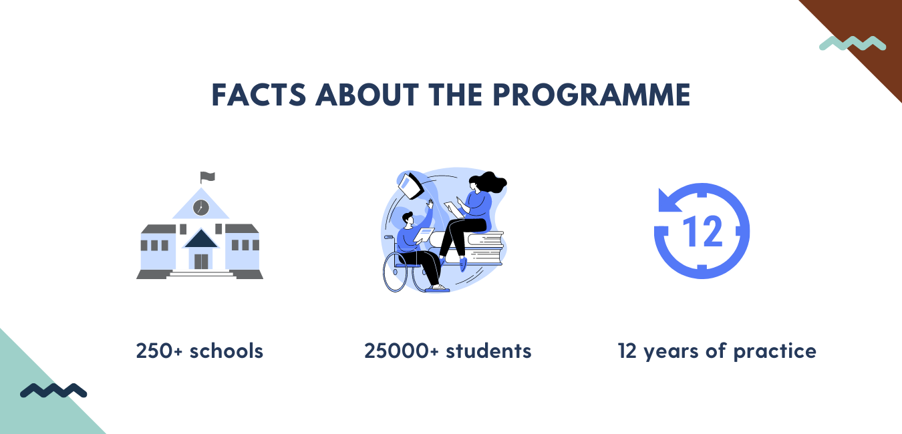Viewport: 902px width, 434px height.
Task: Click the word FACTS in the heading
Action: coord(259,95)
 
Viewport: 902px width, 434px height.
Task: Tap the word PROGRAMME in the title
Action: coord(591,95)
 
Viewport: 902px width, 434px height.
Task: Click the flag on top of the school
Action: coord(207,177)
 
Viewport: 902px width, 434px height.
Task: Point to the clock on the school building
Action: coord(201,208)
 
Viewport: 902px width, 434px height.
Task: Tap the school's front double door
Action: coord(201,262)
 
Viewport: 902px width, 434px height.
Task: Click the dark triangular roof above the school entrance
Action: coord(201,238)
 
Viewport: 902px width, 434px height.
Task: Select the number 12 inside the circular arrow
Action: coord(703,231)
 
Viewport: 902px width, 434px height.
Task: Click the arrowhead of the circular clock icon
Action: coord(668,200)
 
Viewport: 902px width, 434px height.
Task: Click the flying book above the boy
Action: coord(410,185)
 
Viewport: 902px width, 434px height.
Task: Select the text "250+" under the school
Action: coord(159,351)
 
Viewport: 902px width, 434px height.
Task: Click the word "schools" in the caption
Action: coord(227,351)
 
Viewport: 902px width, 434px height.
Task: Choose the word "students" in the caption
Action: coord(489,351)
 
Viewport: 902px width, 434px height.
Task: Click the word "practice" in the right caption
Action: coord(775,352)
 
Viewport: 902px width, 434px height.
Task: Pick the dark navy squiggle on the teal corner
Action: coord(53,391)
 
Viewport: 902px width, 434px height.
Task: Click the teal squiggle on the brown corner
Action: coord(853,43)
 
